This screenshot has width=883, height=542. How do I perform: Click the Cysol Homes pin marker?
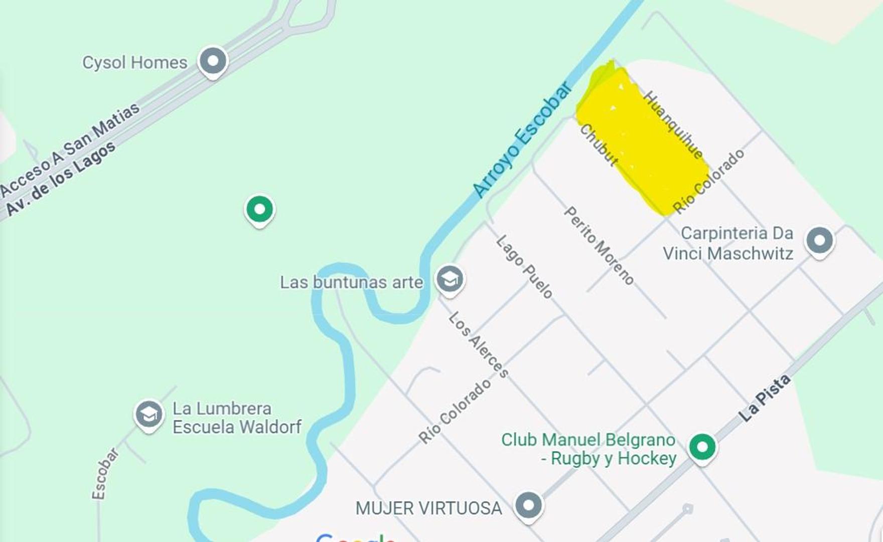tap(213, 61)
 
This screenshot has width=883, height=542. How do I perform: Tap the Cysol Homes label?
tap(134, 63)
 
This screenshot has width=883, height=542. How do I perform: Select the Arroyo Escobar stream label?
tap(522, 139)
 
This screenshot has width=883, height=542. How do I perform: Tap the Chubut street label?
tap(599, 145)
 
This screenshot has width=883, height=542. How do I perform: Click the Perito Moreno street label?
tap(599, 245)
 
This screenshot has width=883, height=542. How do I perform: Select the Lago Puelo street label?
tap(524, 266)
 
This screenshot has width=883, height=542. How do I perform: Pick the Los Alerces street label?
tap(479, 344)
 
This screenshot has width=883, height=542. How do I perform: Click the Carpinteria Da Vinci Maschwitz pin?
tap(819, 240)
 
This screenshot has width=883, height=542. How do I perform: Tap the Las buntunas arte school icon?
tap(450, 279)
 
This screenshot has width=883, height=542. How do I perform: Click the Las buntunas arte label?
tap(351, 283)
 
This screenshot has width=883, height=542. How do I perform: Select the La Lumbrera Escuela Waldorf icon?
tap(149, 415)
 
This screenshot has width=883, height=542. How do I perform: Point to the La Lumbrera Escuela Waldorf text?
tap(236, 418)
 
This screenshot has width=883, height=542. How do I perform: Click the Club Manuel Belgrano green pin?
tap(702, 446)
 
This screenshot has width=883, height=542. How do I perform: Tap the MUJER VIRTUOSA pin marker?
tap(528, 505)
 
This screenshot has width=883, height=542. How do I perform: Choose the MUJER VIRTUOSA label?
tap(428, 508)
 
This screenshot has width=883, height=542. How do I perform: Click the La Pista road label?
tap(764, 398)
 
